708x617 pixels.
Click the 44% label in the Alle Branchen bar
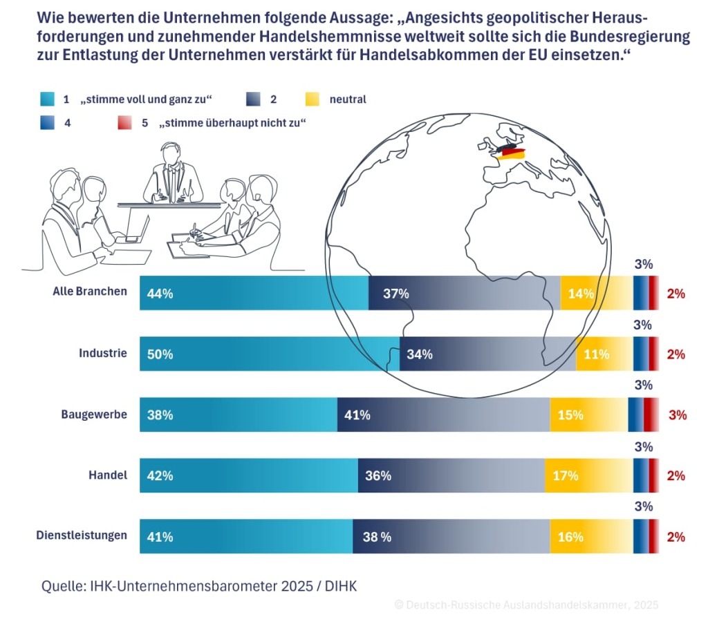(x=160, y=294)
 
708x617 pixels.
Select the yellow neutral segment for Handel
(x=588, y=475)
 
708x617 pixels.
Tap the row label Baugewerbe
(x=94, y=414)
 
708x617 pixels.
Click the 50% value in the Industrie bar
(x=160, y=354)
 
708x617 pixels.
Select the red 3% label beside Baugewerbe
(x=677, y=415)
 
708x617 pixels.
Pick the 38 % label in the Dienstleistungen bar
(x=377, y=537)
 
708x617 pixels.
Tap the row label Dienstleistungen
(x=82, y=535)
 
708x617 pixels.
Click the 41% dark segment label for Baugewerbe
(x=357, y=415)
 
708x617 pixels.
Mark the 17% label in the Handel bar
(x=565, y=476)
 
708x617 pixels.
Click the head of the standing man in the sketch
(x=170, y=153)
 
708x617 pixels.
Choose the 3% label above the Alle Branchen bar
(x=643, y=264)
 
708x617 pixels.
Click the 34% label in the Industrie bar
(x=420, y=354)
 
